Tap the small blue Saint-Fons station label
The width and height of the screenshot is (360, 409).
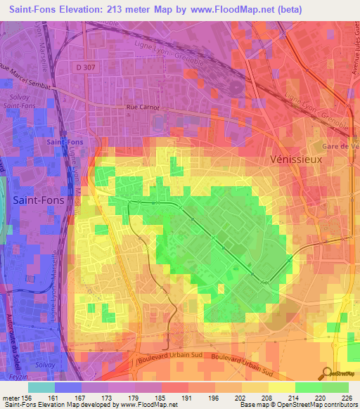pyautogui.click(x=65, y=141)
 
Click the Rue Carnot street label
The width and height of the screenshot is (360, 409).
pyautogui.click(x=143, y=108)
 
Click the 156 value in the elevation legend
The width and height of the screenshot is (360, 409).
pyautogui.click(x=28, y=397)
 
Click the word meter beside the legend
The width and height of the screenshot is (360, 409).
pyautogui.click(x=10, y=397)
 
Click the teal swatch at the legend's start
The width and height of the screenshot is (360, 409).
pyautogui.click(x=41, y=387)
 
